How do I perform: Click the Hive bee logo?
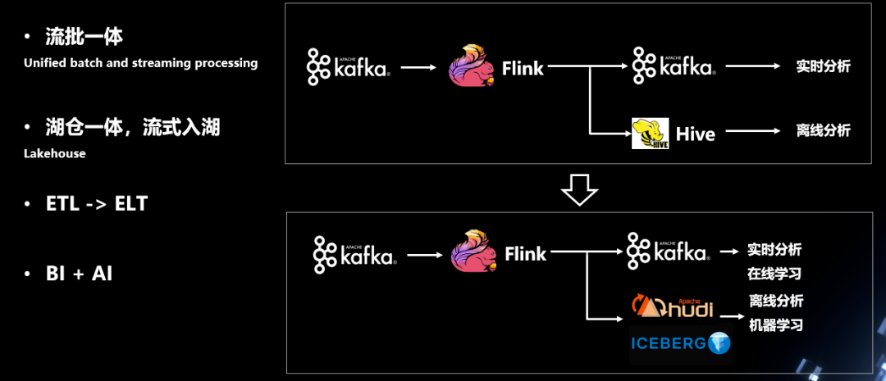pos(650,134)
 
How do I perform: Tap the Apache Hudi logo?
pos(672,306)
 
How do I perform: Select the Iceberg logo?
pos(680,342)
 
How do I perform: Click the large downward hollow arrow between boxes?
pos(579,189)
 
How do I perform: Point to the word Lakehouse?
pos(55,153)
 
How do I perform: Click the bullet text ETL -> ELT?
pos(97,204)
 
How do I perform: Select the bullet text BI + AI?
pos(79,274)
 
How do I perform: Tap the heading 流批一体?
pos(84,37)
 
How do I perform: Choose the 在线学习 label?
pos(774,274)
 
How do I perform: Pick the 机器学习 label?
pos(776,325)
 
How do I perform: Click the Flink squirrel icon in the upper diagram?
pos(472,66)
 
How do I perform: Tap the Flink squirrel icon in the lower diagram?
pos(474,252)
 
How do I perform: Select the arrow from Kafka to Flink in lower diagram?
pos(425,255)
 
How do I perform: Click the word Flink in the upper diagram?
pos(523,68)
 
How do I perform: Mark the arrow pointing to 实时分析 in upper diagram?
pos(753,66)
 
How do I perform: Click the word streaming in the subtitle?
pos(161,63)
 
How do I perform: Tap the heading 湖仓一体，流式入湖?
pos(133,129)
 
